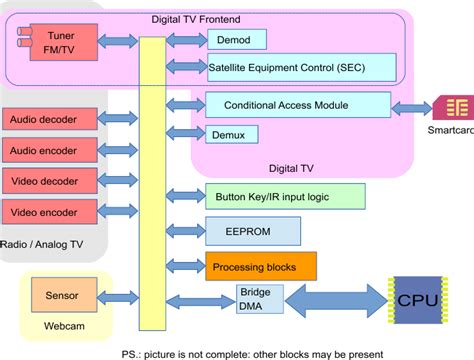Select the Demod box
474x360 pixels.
(x=236, y=39)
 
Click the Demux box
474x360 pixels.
(x=232, y=134)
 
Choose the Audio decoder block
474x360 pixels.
(x=49, y=119)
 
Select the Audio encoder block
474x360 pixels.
(x=49, y=150)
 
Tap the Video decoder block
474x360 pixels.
(x=49, y=181)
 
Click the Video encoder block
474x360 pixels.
(x=49, y=212)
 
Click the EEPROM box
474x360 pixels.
(x=253, y=231)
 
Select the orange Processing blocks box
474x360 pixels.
(x=260, y=266)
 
